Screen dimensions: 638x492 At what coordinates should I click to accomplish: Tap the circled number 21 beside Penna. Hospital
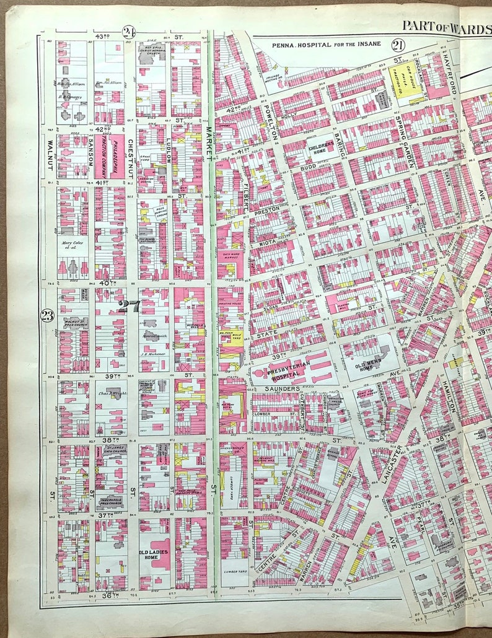point(397,44)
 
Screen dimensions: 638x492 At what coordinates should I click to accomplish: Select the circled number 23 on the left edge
point(47,315)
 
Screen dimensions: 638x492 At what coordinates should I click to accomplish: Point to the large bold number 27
point(129,305)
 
